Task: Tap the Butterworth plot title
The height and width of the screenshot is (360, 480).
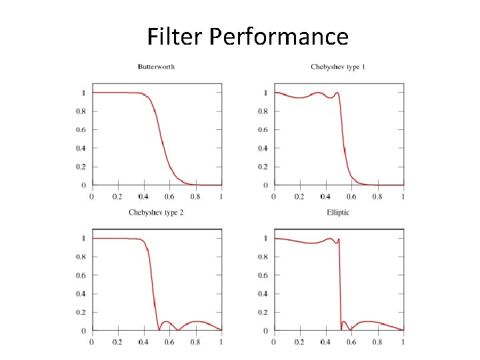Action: pos(156,67)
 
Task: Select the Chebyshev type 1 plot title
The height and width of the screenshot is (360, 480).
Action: pos(338,67)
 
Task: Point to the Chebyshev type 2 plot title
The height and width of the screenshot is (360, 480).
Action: pos(156,213)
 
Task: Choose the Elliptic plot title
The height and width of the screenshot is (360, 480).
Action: pos(338,213)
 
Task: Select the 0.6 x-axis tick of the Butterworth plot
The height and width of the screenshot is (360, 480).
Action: pos(169,197)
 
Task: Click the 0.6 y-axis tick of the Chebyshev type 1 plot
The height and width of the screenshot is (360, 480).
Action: pos(263,130)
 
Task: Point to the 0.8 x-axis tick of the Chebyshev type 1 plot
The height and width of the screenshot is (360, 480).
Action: pos(377,197)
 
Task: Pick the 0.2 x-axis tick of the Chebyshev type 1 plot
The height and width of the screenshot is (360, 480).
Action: pos(300,197)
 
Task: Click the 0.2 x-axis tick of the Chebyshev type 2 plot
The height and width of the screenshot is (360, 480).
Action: pos(117,342)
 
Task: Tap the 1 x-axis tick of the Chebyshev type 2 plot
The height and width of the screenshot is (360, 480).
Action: pos(221,342)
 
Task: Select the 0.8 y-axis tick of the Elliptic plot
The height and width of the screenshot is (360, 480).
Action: pos(263,257)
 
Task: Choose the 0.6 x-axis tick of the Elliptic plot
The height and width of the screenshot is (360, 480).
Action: pos(351,342)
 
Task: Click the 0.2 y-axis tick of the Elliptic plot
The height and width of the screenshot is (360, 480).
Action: pos(263,312)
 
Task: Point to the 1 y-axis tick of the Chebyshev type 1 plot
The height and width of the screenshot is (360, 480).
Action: pos(267,93)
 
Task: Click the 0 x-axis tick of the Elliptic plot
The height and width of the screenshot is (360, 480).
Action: pos(274,342)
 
